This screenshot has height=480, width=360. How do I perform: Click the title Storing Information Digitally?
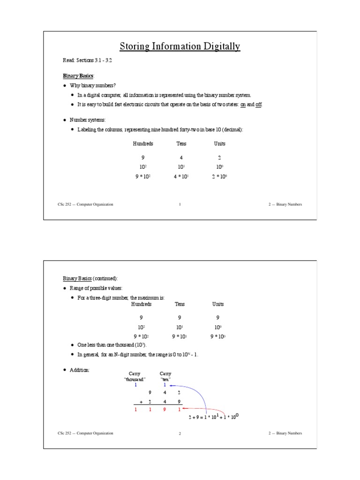(180, 46)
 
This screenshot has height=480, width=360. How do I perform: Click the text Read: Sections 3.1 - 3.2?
(87, 61)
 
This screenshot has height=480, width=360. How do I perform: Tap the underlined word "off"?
(258, 105)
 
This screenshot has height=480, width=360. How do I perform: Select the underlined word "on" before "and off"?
(243, 105)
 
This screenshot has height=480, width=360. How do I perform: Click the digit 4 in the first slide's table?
(180, 158)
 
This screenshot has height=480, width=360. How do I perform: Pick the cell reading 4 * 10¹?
(180, 177)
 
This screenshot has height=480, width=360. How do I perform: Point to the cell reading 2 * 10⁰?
(219, 177)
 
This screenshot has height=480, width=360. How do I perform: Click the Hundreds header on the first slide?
(143, 144)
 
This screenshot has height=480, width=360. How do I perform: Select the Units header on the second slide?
(218, 304)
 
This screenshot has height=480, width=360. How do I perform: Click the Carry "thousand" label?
(135, 376)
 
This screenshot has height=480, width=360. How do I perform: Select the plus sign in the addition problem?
(141, 402)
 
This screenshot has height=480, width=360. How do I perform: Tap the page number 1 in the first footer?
(180, 204)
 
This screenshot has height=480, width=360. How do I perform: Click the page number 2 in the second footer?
(180, 434)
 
